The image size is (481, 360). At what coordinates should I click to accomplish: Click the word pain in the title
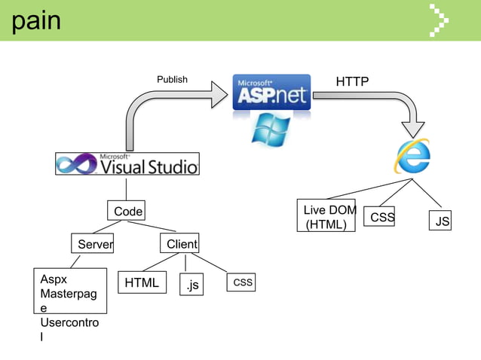[x=35, y=20]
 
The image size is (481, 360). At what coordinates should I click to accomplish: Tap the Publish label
[x=172, y=79]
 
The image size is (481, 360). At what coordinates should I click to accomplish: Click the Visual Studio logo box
[x=127, y=163]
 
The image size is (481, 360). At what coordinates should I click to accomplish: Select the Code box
[x=127, y=212]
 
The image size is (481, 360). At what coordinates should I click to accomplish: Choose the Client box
[x=180, y=244]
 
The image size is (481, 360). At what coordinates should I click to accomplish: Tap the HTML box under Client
[x=142, y=283]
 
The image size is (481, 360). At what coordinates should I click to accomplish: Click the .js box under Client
[x=192, y=285]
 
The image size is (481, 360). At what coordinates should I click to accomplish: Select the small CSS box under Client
[x=242, y=282]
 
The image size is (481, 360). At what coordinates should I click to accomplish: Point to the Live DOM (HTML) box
[x=326, y=217]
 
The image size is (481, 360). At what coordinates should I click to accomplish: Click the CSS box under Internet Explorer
[x=382, y=218]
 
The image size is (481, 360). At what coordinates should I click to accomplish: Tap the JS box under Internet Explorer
[x=442, y=221]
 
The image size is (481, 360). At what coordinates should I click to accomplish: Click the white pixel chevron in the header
[x=439, y=20]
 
